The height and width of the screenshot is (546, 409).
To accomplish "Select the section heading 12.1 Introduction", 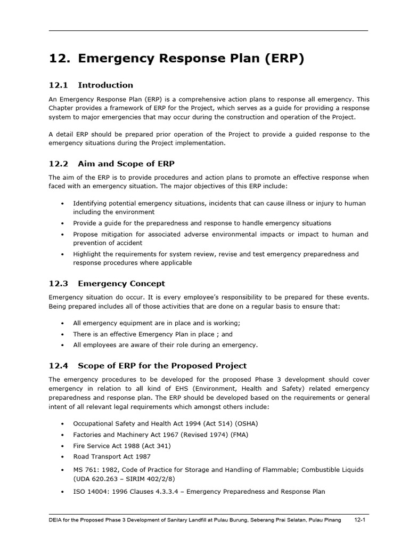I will pos(91,85).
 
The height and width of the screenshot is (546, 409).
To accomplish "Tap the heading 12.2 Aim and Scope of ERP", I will pos(112,163).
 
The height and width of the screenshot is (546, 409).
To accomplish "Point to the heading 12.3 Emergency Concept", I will pos(107,284).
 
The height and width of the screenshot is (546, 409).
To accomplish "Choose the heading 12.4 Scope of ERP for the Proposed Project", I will pos(148,365).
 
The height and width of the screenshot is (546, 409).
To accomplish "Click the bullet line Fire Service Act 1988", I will pos(122,446).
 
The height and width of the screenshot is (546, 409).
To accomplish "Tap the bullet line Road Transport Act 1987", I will pos(112,456).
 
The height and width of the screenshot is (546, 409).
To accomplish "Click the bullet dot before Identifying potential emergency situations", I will pos(62,204).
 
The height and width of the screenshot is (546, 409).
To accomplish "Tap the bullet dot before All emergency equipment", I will pos(62,323).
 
